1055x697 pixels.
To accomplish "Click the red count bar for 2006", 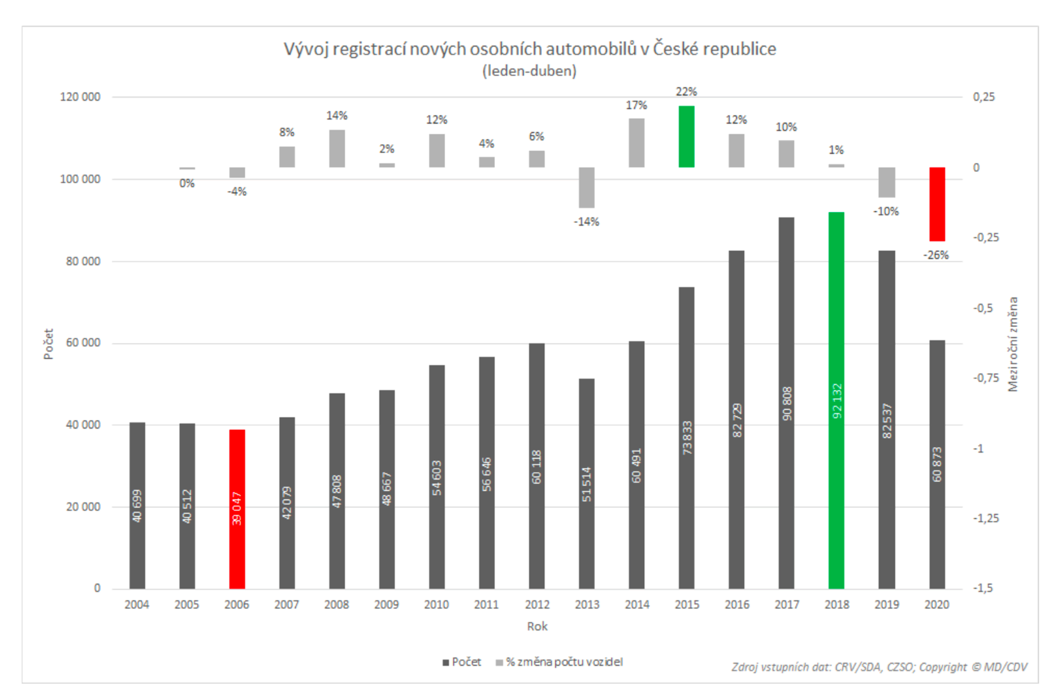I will [x=237, y=509].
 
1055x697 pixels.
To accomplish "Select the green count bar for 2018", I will [x=836, y=400].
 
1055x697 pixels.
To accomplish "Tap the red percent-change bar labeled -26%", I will [x=937, y=204].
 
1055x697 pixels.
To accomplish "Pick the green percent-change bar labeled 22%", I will [x=686, y=137].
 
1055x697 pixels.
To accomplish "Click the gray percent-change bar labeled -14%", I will [x=586, y=187].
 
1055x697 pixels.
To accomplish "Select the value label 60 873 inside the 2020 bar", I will [x=937, y=465].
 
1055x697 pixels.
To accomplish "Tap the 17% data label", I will [x=636, y=105].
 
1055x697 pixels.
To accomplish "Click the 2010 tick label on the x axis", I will [x=436, y=605].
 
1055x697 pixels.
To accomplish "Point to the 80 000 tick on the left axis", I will [x=83, y=261].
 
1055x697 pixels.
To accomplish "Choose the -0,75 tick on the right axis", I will [x=986, y=378].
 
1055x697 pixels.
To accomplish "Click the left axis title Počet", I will [x=48, y=344].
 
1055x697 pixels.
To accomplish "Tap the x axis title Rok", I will [x=537, y=626].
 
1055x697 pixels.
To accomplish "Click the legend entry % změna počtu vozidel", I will [x=564, y=662].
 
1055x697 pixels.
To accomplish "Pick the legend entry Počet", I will [x=466, y=662].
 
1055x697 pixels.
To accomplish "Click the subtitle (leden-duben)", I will [x=529, y=71].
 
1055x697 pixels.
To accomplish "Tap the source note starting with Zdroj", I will [x=879, y=667].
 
